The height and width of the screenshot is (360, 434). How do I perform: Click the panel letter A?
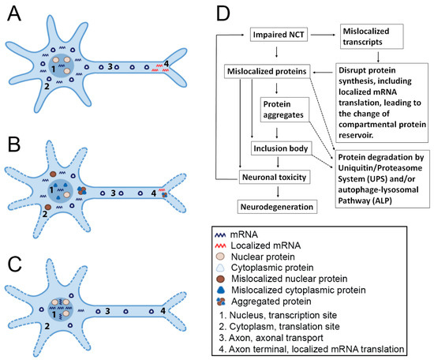tap(15, 15)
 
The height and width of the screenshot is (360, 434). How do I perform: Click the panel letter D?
tap(223, 15)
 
